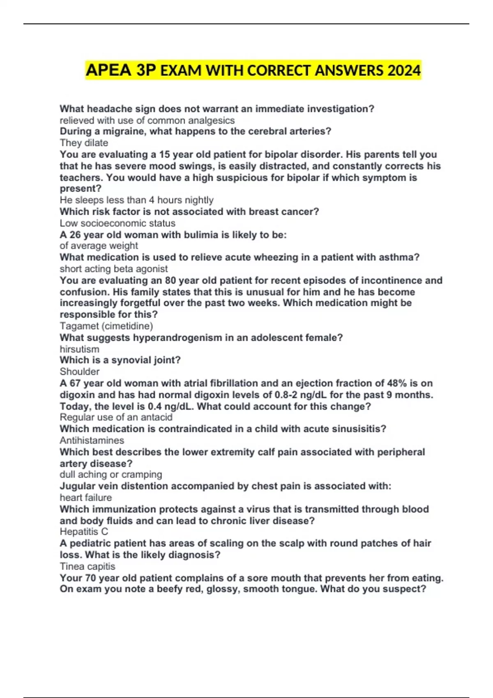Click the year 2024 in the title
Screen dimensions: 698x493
[404, 71]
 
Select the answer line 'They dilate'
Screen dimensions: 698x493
[84, 143]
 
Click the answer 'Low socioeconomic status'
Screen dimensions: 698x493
[117, 223]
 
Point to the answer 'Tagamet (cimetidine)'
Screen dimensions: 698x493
[106, 326]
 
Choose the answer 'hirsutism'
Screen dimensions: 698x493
[79, 349]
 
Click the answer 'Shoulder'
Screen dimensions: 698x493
[80, 372]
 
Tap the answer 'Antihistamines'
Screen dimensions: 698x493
[92, 441]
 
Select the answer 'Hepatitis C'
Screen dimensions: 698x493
[84, 532]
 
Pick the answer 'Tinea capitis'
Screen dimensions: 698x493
[88, 567]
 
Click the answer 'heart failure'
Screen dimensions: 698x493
[85, 498]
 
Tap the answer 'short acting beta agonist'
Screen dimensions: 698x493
[114, 269]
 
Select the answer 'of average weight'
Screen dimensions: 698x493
[99, 246]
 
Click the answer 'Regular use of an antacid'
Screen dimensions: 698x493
[116, 417]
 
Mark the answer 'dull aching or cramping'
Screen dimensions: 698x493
[111, 475]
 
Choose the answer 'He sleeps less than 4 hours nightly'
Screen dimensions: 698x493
[136, 200]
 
